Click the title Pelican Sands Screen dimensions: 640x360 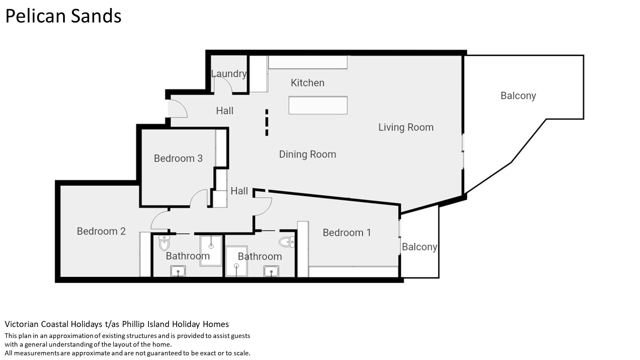pyautogui.click(x=63, y=16)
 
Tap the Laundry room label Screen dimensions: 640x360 pyautogui.click(x=229, y=73)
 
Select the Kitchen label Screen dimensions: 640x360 pyautogui.click(x=307, y=83)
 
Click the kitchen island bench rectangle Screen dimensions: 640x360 pyautogui.click(x=318, y=105)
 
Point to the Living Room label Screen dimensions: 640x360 pyautogui.click(x=406, y=127)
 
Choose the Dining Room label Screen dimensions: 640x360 pyautogui.click(x=307, y=154)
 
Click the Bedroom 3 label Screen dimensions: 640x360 pyautogui.click(x=178, y=158)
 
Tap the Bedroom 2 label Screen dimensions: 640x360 pyautogui.click(x=101, y=231)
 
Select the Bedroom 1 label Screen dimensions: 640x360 pyautogui.click(x=347, y=232)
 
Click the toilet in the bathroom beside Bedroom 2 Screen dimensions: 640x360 pyautogui.click(x=164, y=243)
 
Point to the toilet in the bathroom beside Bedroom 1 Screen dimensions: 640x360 pyautogui.click(x=287, y=242)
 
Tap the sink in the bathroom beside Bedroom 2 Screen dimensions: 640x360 pyautogui.click(x=178, y=271)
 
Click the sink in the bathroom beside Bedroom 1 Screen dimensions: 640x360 pyautogui.click(x=271, y=271)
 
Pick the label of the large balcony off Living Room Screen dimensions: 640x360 pyautogui.click(x=518, y=96)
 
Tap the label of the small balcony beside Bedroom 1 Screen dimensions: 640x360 pyautogui.click(x=419, y=247)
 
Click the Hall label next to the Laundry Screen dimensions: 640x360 pyautogui.click(x=224, y=111)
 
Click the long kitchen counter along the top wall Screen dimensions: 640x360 pyautogui.click(x=308, y=62)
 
